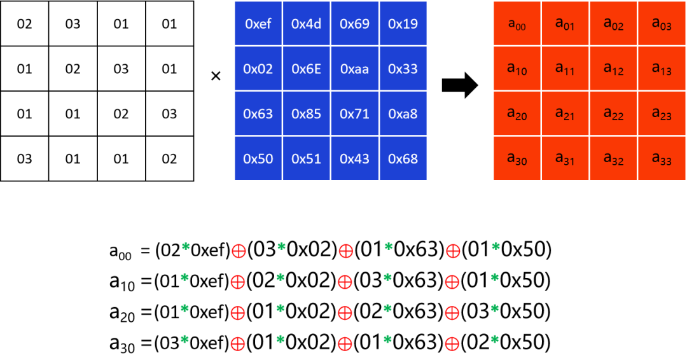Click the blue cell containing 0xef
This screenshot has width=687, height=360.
(258, 23)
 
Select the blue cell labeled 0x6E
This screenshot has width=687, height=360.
(307, 68)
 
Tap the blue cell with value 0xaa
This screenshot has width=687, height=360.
(355, 68)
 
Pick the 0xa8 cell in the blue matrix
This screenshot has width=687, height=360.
(403, 113)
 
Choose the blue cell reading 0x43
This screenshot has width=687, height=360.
(355, 158)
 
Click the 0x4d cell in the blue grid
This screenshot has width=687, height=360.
(307, 23)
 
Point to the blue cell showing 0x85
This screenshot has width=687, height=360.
(307, 113)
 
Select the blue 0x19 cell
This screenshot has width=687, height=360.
(403, 23)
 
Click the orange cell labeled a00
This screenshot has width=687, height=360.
(517, 23)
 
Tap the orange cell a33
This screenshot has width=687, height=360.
(662, 158)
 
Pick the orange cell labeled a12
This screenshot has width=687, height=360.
(613, 68)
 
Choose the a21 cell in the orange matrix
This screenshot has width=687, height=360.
(566, 113)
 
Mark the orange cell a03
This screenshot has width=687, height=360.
(662, 23)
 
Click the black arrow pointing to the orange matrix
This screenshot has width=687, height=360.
(460, 85)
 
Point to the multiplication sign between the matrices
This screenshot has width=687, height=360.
(216, 76)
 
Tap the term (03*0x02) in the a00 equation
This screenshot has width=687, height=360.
(293, 249)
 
